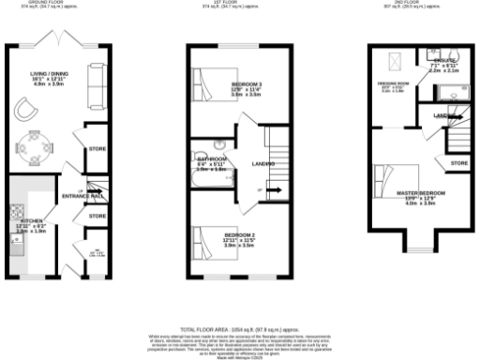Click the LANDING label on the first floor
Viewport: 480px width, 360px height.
[x=262, y=164]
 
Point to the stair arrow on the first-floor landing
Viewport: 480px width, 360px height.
[x=275, y=188]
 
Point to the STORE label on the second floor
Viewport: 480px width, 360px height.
[x=458, y=163]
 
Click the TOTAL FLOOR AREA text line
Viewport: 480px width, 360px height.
[x=238, y=329]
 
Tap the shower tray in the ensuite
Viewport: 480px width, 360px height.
[x=458, y=92]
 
